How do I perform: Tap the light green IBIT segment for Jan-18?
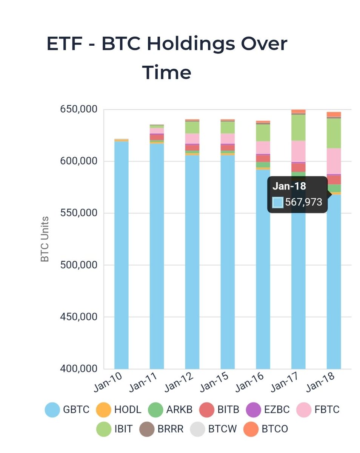pos(334,133)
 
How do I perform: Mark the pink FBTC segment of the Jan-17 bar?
pos(298,151)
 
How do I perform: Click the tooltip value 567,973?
pos(303,202)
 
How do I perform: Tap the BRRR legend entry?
pos(147,429)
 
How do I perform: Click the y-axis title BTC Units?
pos(45,239)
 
